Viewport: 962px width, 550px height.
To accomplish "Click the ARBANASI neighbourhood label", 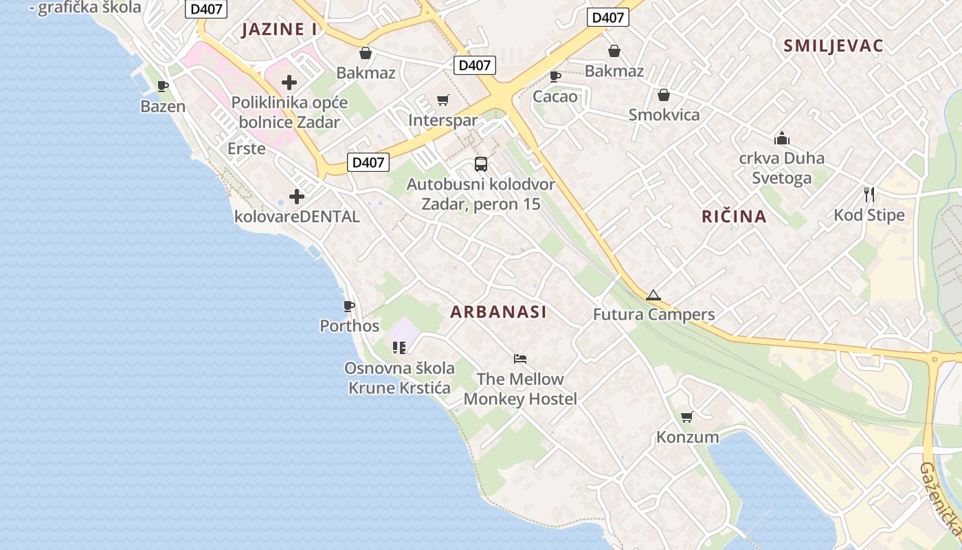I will [498, 312].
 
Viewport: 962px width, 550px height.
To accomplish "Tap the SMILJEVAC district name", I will [833, 46].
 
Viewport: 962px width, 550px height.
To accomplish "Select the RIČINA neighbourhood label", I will [733, 217].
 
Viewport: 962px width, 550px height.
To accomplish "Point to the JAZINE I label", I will [279, 30].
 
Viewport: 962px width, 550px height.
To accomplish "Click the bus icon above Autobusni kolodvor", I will [481, 164].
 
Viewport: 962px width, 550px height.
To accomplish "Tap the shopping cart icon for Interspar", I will [443, 101].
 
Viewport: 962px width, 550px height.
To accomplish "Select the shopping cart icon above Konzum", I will [686, 417].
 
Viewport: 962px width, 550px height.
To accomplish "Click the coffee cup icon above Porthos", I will [349, 306].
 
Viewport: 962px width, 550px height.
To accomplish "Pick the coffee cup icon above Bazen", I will [163, 87].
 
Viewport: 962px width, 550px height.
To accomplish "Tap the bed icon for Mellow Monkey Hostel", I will [520, 359].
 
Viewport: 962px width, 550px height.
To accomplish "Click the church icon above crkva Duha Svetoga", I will [781, 138].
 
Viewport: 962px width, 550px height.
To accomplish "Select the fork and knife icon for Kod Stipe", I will [869, 195].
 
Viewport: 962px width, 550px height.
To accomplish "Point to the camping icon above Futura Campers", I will [653, 296].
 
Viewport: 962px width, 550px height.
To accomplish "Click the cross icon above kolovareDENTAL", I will [297, 197].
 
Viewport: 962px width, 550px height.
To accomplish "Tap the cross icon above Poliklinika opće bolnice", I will [289, 83].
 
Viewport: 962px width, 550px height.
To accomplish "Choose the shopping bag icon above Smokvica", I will [664, 95].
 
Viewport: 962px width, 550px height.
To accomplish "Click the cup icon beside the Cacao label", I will [555, 76].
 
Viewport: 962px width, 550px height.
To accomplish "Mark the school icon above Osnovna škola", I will [399, 348].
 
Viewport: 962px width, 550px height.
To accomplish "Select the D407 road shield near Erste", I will [368, 162].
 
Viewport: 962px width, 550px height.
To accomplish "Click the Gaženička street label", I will [940, 499].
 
